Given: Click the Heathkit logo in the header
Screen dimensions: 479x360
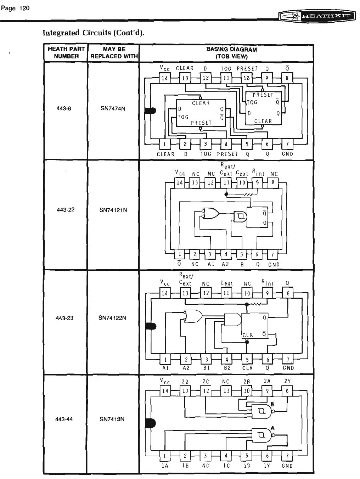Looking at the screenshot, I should click(317, 16).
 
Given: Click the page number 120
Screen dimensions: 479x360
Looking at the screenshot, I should click(16, 8).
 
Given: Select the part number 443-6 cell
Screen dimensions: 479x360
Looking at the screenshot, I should click(64, 108).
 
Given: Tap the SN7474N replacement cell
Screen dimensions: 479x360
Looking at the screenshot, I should click(113, 108).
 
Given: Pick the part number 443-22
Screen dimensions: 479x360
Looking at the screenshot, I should click(66, 210).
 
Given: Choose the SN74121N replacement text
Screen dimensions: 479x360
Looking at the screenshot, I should click(113, 210).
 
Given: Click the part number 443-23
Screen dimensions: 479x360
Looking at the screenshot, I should click(64, 318).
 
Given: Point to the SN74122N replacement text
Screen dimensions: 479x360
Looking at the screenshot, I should click(112, 318).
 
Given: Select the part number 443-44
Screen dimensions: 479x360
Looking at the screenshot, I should click(64, 419).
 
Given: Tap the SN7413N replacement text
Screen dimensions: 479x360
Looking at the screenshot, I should click(112, 419).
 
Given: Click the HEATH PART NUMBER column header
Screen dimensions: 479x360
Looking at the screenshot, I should click(66, 52).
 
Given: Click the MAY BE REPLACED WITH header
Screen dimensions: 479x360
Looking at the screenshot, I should click(114, 52).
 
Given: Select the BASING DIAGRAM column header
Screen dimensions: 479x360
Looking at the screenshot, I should click(232, 53).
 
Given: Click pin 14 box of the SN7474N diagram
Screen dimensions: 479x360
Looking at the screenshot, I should click(165, 78).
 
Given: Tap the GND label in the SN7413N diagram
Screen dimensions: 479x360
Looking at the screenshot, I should click(287, 466).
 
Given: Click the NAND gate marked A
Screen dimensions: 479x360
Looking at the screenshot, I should click(262, 435).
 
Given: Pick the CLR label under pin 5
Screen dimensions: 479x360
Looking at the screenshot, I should click(247, 368).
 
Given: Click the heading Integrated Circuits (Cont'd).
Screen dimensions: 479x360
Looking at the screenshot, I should click(94, 33).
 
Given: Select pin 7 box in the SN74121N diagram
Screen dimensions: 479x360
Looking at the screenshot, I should click(272, 254).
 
